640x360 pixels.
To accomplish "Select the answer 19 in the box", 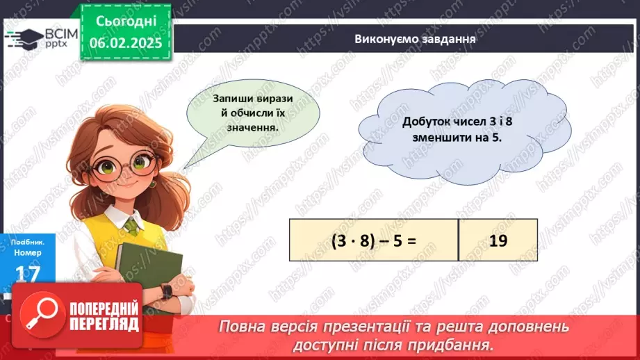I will pos(498,240).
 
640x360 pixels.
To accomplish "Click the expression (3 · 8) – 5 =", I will pos(373,240).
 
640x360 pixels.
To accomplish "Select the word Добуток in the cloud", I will pos(426,122).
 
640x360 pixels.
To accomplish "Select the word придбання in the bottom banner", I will pos(459,344).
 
